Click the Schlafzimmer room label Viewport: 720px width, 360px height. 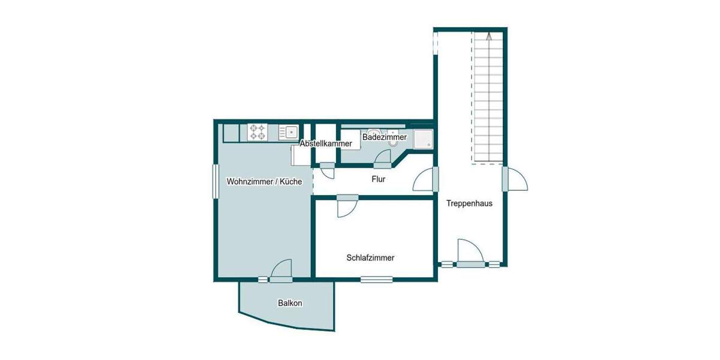(x=370, y=258)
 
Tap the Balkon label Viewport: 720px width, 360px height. (x=290, y=304)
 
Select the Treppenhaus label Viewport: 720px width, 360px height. (x=469, y=203)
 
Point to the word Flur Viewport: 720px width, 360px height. (x=379, y=179)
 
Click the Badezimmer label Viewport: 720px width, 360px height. (x=385, y=137)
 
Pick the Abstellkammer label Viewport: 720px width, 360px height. (x=326, y=144)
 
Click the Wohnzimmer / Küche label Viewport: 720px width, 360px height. (x=264, y=181)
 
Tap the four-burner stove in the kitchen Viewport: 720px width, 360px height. (x=258, y=132)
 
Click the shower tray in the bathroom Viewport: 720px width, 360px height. (x=423, y=139)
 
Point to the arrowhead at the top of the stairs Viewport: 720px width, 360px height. (x=489, y=36)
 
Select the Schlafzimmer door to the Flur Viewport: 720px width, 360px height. (x=347, y=206)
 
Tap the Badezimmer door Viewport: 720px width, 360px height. (x=382, y=159)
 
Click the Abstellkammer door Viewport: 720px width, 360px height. (x=328, y=170)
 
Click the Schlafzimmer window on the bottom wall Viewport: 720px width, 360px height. (x=377, y=279)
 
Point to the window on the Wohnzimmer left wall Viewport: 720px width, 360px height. (x=215, y=181)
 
